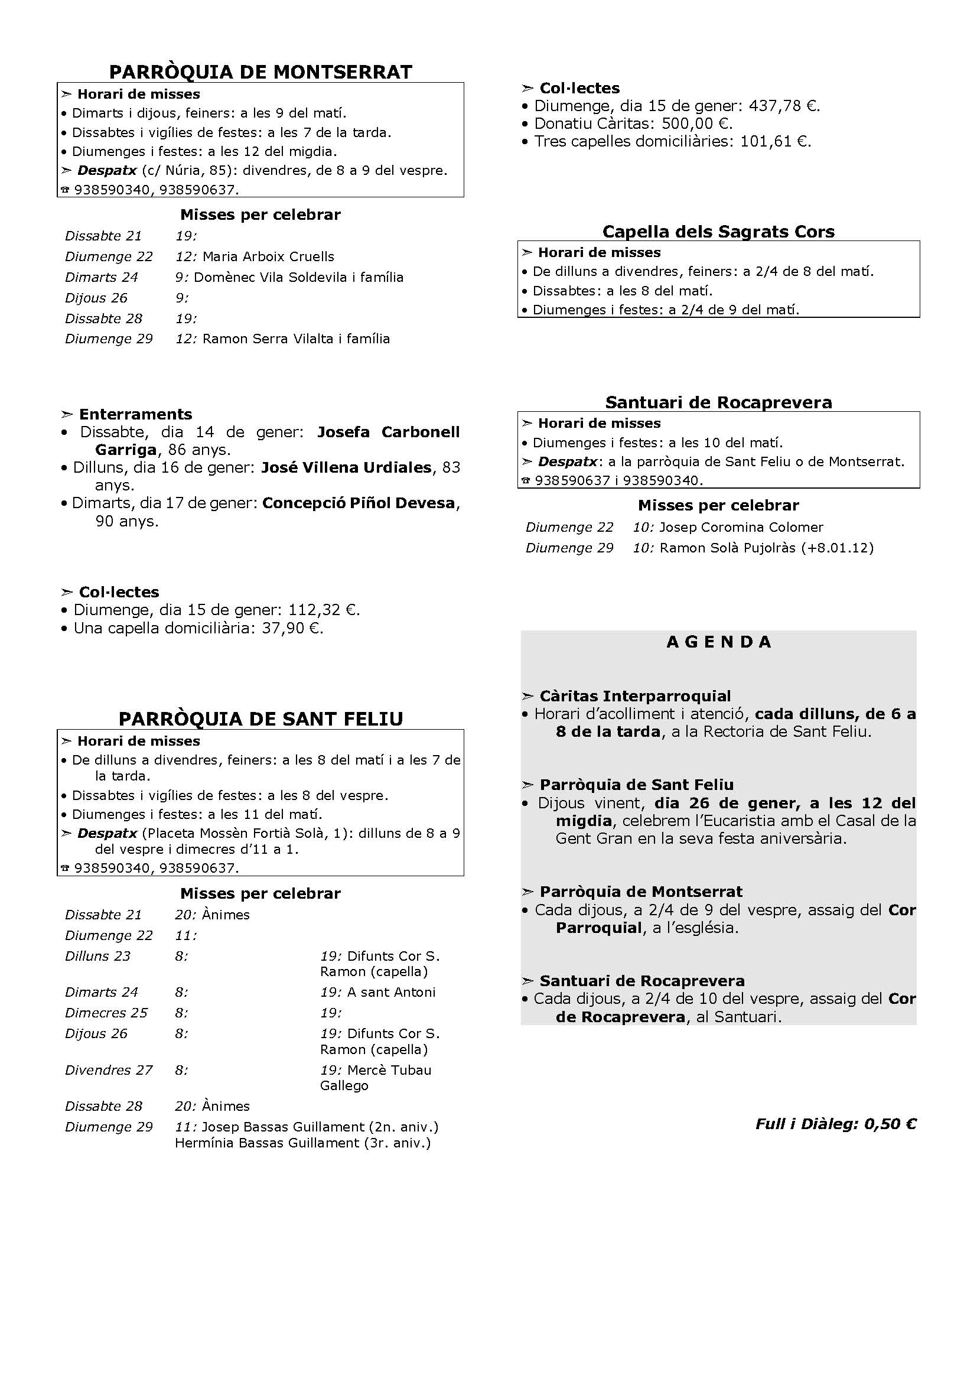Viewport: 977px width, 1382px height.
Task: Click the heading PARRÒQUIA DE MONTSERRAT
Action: click(260, 71)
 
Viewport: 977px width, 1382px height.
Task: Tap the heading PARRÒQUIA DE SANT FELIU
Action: click(260, 718)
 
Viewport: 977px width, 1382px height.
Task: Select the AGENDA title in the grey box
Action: click(718, 642)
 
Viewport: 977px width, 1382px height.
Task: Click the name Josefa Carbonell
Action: click(388, 432)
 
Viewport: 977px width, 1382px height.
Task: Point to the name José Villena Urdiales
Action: click(347, 468)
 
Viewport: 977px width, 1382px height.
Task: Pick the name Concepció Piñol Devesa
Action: click(359, 503)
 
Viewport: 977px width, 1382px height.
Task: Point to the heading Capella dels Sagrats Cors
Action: click(718, 232)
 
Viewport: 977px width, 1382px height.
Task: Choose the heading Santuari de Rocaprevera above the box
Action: click(718, 402)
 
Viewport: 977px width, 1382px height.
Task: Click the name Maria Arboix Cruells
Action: click(268, 256)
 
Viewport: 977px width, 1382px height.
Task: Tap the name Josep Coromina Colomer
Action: click(741, 527)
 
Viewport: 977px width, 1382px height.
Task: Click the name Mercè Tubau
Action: click(389, 1070)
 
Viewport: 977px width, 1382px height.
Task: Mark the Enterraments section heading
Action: click(135, 414)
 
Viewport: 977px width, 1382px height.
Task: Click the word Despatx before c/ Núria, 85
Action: click(107, 170)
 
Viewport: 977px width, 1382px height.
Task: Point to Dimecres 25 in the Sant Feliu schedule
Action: click(106, 1013)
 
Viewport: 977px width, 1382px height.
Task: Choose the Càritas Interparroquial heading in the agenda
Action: click(634, 696)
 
